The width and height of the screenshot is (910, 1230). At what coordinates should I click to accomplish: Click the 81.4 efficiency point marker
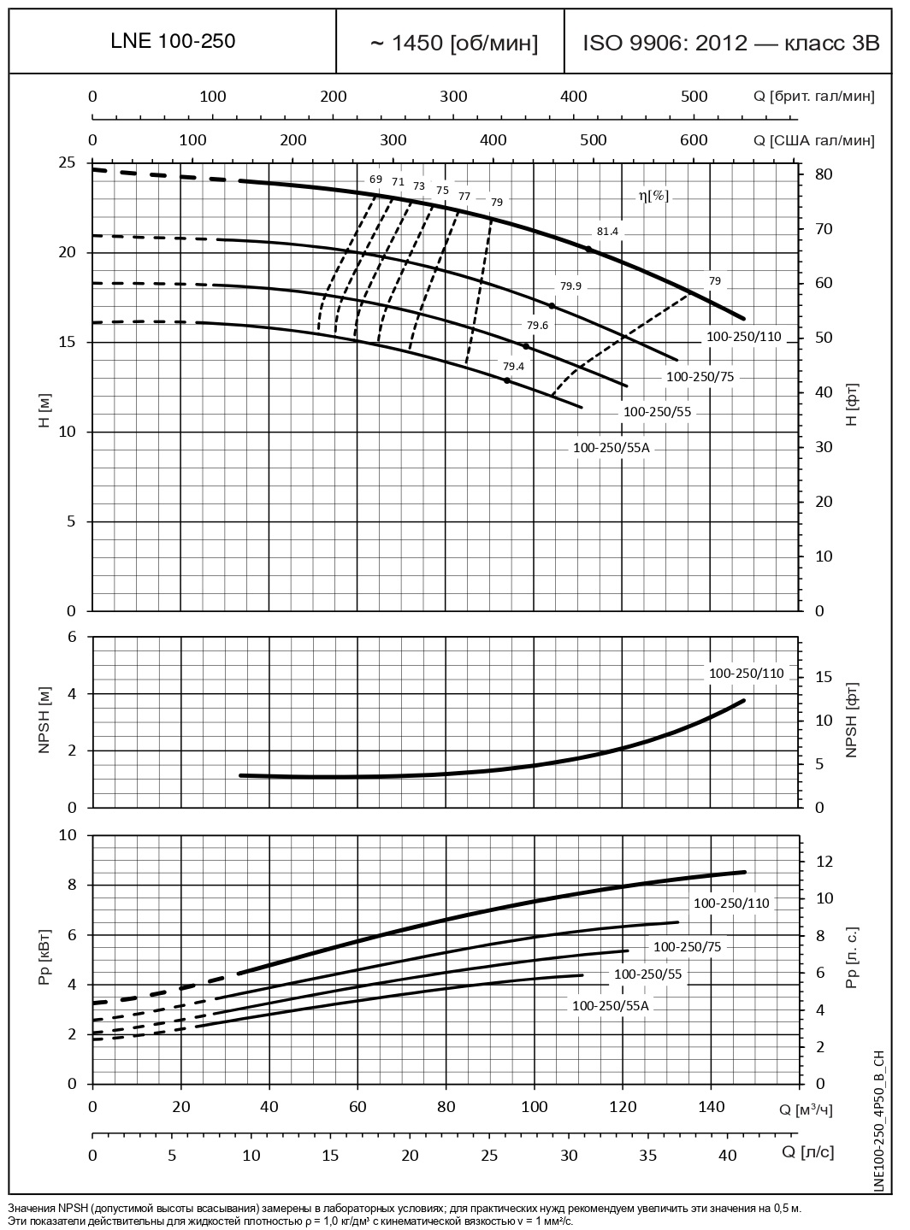[x=588, y=250]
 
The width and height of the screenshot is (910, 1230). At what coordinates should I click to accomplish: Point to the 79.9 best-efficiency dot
[x=552, y=306]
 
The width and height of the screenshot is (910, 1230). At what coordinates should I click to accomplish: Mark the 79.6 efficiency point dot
[x=526, y=346]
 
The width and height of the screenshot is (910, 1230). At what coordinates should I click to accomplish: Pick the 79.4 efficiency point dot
[x=507, y=380]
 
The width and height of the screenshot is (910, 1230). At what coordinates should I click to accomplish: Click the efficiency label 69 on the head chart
[x=375, y=179]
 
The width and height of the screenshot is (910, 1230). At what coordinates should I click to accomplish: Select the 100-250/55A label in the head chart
[x=612, y=447]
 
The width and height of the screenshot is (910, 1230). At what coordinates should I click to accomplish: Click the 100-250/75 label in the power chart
[x=687, y=946]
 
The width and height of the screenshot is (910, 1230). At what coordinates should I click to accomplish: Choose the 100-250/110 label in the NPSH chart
[x=746, y=674]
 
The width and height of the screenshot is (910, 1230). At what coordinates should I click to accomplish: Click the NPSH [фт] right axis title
[x=851, y=720]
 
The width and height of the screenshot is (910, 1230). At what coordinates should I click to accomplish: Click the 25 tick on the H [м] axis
[x=67, y=162]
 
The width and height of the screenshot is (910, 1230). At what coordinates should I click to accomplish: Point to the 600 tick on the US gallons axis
[x=694, y=140]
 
